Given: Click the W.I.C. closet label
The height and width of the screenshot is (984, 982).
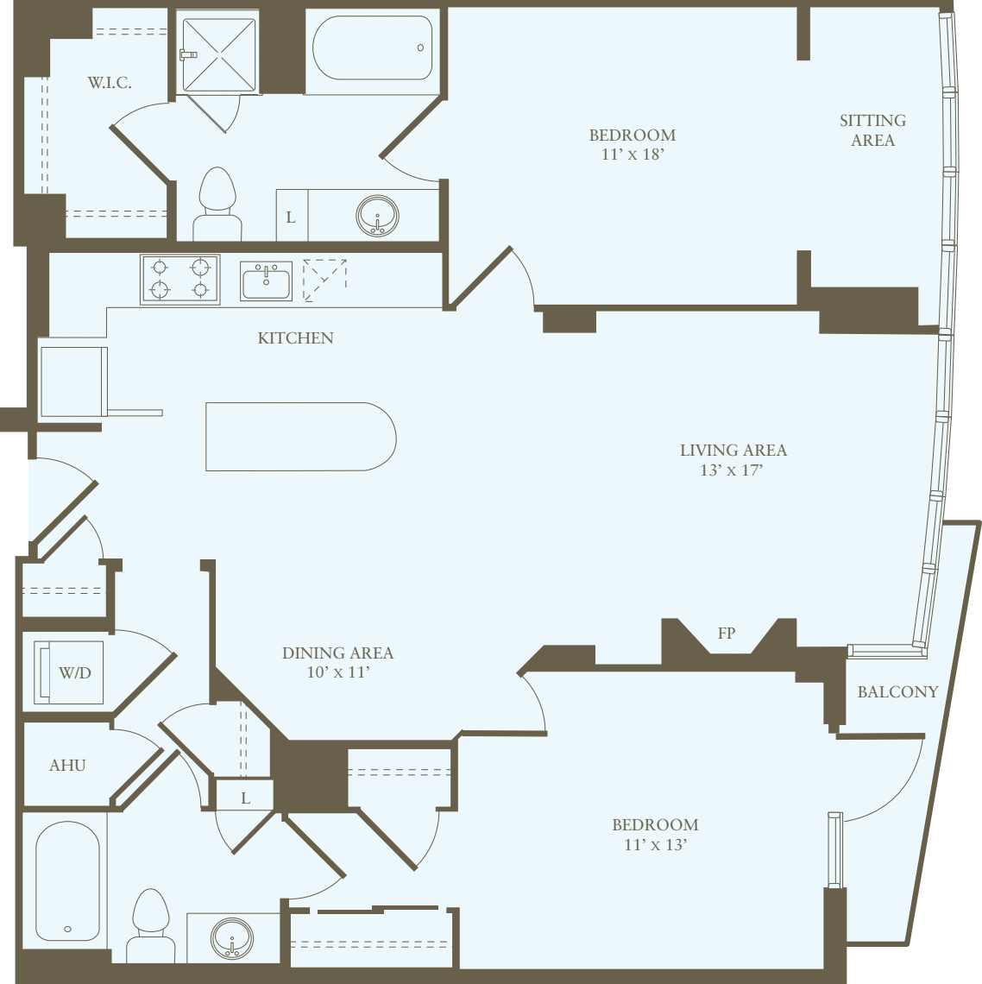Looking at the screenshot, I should [110, 83].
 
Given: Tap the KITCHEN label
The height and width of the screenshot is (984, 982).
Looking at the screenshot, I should [295, 338].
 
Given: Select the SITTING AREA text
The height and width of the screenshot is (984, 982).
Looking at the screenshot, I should [872, 130].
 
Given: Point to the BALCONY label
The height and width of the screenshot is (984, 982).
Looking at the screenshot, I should [897, 692].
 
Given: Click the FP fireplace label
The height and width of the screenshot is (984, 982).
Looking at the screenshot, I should [727, 634].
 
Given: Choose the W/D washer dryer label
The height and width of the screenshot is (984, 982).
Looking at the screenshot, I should [75, 672].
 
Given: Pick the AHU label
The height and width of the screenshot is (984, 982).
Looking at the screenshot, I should [67, 766].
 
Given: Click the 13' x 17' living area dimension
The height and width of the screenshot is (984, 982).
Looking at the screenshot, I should [732, 470].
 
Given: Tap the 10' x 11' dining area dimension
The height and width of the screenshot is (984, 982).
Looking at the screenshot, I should [337, 672].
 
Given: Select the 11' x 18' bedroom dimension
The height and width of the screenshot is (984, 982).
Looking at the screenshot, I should [633, 155].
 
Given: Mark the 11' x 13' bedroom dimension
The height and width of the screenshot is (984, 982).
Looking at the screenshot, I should [655, 845].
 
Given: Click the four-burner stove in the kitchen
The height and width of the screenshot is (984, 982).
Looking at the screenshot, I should [180, 279].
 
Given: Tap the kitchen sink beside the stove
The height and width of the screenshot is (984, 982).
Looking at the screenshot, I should [266, 281].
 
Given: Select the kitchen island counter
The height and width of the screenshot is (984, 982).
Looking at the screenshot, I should [300, 437].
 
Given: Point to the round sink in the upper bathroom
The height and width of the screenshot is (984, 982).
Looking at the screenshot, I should [377, 215].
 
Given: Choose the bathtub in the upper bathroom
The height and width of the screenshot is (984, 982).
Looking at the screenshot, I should [372, 47].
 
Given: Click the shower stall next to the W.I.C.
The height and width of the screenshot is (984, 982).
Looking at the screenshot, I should [217, 53].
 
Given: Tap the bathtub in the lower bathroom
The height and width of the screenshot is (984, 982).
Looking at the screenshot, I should [67, 880].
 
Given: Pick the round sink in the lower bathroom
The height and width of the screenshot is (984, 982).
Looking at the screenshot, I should [233, 938].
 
